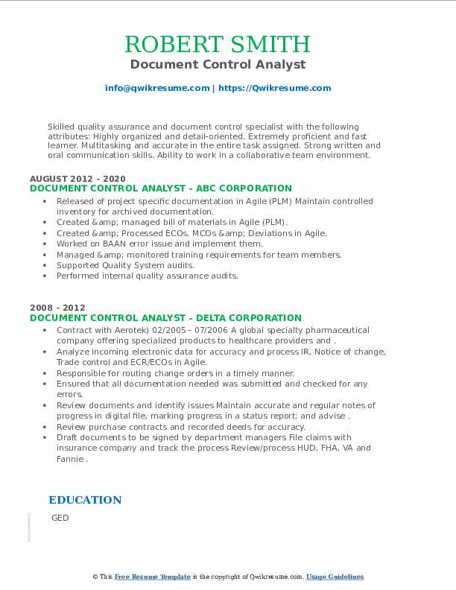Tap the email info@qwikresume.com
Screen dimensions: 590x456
(157, 88)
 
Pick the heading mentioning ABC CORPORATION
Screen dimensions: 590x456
(161, 188)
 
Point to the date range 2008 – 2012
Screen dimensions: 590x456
(57, 308)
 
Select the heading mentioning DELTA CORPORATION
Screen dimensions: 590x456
(165, 317)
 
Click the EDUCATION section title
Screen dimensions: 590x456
(85, 500)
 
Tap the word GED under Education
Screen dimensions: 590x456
(60, 518)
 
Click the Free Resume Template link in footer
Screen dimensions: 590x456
(152, 577)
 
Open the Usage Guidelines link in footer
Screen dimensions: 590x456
(335, 577)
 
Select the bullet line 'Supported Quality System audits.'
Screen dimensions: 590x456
(125, 265)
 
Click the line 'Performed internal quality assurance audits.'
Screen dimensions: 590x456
(148, 276)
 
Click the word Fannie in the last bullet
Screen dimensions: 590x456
(71, 459)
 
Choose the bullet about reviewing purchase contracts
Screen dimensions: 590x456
(181, 427)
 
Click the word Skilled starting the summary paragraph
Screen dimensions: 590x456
(63, 127)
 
